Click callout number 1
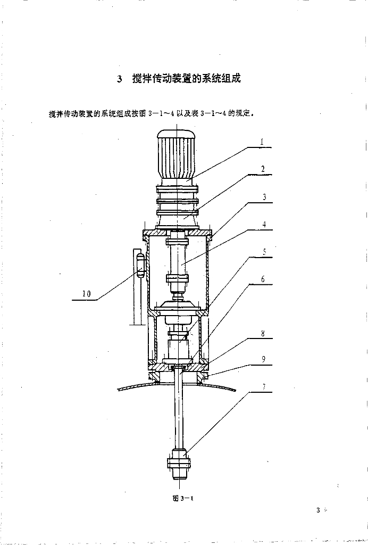coord(262,142)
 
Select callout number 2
coord(262,169)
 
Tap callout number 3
coord(264,197)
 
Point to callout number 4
coord(264,224)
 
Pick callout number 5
coord(264,252)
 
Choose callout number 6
coord(263,279)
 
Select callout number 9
coord(263,359)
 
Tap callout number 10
coord(86,294)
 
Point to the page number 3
coord(318,510)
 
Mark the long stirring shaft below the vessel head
coord(180,410)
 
